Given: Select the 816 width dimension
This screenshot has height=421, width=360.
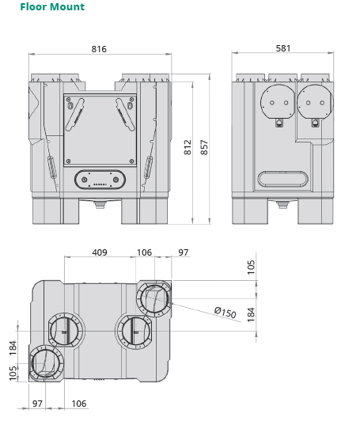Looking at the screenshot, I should click(x=99, y=49).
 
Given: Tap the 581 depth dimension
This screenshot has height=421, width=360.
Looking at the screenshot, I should click(x=282, y=48).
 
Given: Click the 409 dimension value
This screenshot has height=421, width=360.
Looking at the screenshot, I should click(x=100, y=252).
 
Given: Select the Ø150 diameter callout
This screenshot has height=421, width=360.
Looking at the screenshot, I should click(x=225, y=313).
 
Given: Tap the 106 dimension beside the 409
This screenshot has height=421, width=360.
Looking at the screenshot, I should click(x=144, y=252).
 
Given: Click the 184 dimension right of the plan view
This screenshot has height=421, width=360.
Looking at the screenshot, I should click(x=252, y=315).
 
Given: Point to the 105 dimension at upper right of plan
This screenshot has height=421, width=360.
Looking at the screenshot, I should click(x=252, y=267).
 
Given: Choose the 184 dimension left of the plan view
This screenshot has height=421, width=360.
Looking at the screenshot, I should click(x=13, y=347).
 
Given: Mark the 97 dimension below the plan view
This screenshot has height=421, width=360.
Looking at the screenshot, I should click(x=38, y=404).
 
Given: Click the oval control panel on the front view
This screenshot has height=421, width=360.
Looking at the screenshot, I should click(x=100, y=180).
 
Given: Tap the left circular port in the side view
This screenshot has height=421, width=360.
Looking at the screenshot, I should click(x=275, y=102).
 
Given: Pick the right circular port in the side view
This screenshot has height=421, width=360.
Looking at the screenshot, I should click(x=313, y=102).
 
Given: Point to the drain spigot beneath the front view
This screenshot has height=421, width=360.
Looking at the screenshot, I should click(x=100, y=204).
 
